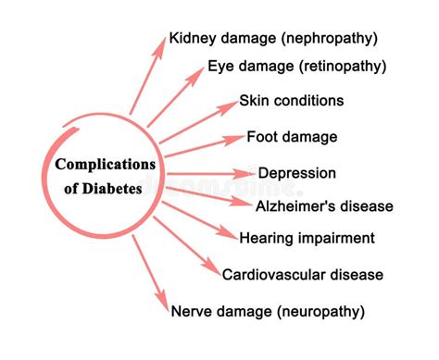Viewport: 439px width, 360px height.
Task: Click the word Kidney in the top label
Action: click(191, 39)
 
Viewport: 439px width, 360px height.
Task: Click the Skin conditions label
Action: click(291, 100)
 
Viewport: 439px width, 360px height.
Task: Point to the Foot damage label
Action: click(291, 137)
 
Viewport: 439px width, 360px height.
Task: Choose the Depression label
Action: click(296, 173)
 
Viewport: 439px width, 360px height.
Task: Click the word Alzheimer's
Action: click(295, 206)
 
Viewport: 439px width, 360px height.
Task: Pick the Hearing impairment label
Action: click(307, 238)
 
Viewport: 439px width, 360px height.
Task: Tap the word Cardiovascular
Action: click(268, 274)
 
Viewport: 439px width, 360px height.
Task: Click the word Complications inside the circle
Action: click(104, 165)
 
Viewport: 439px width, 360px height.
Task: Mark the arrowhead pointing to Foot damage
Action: click(236, 141)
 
